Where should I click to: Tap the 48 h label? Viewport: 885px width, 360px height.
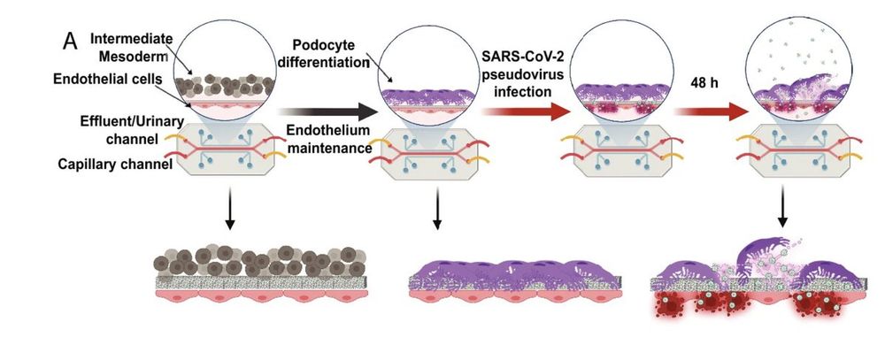tap(699, 82)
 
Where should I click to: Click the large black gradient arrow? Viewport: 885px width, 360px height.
tap(327, 112)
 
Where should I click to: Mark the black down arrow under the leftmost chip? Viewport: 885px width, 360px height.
tap(229, 213)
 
